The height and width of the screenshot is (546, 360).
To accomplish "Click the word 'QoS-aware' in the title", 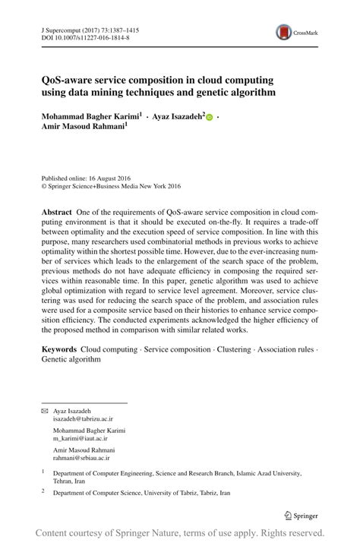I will point(71,80).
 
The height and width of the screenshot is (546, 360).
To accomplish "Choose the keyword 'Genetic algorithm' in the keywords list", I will point(71,359).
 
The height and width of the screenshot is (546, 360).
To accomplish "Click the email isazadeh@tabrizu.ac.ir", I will point(83,418).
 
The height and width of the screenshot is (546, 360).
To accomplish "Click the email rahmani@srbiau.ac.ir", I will point(81,458).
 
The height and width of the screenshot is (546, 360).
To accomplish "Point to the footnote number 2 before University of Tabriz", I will point(43,492).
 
